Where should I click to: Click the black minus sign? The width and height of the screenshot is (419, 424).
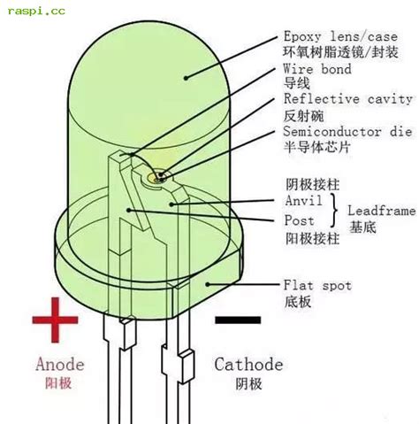point(238,320)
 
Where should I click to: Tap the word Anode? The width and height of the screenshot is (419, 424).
point(59,364)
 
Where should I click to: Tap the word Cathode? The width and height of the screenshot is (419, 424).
point(249,364)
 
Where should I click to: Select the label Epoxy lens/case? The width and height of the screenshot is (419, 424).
point(339,37)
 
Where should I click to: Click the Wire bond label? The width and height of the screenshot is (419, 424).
point(316,69)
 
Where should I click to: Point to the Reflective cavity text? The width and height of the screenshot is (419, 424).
point(347,99)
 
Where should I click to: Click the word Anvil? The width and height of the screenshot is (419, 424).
point(303,201)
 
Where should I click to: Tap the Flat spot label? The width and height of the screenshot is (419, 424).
point(316,285)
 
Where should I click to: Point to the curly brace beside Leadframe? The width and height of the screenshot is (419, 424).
point(336,211)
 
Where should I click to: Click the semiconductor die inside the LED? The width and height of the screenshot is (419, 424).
point(156,176)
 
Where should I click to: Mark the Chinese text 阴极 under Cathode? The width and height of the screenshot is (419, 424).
point(248,384)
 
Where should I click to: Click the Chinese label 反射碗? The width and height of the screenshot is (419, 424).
point(303,116)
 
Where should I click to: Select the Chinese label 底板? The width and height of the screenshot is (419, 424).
point(296,302)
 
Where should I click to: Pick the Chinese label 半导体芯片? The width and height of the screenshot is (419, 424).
point(316,146)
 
